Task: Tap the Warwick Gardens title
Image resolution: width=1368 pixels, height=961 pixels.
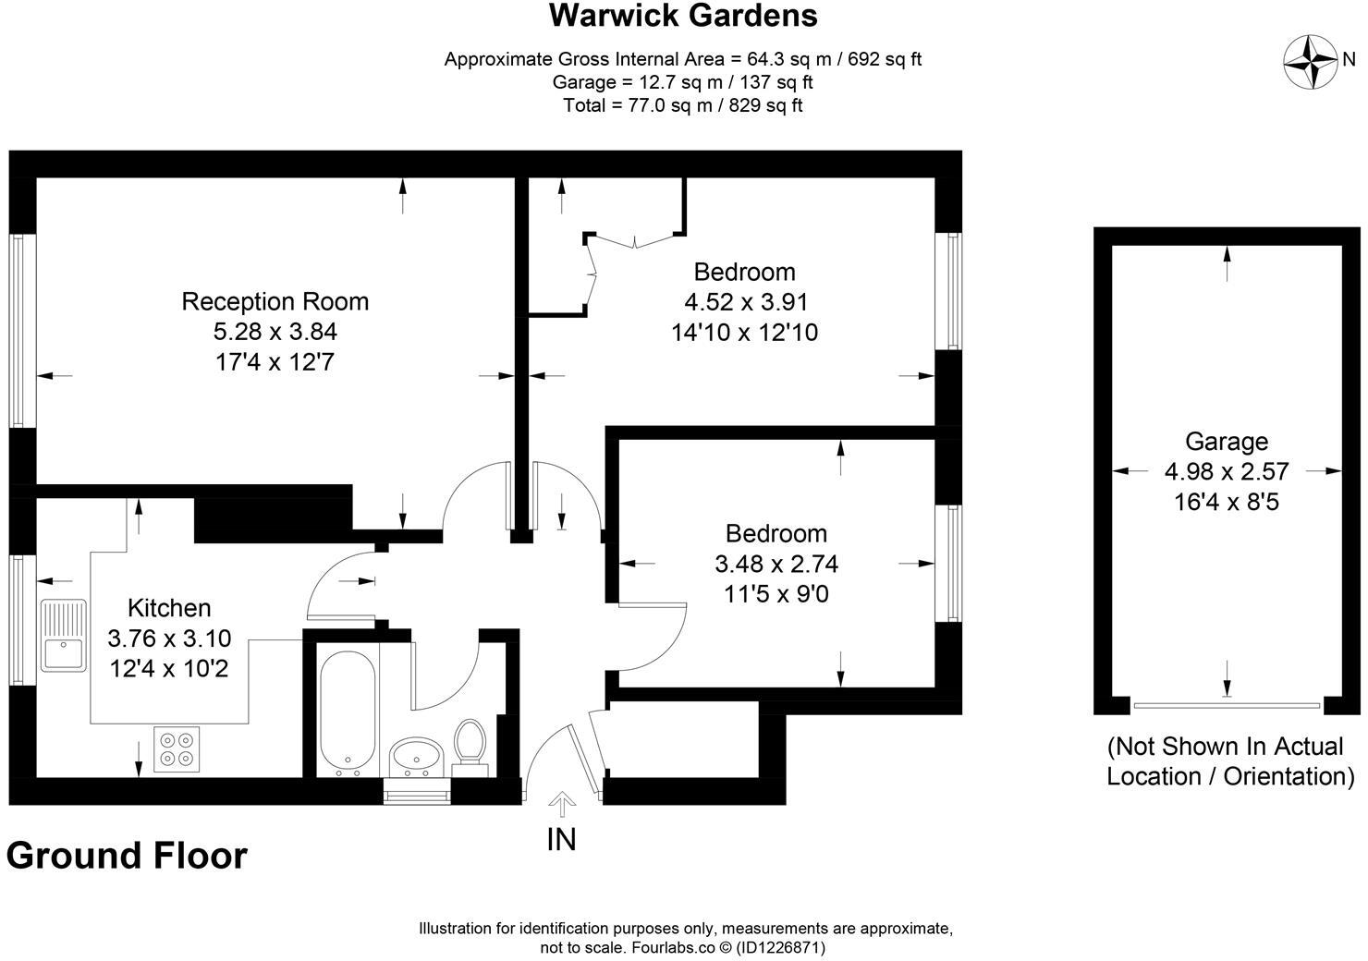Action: click(683, 16)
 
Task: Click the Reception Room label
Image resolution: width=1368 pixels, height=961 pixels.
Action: click(275, 301)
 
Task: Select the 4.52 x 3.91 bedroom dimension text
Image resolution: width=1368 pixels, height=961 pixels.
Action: click(745, 302)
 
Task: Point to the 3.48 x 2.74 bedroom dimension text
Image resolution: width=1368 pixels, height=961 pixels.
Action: click(776, 563)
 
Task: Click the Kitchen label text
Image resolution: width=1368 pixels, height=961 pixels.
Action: click(169, 608)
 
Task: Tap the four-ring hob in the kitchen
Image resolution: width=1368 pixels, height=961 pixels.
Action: click(177, 748)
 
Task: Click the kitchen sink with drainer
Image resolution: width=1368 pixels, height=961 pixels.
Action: click(63, 635)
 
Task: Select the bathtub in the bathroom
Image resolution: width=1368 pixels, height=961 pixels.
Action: click(347, 710)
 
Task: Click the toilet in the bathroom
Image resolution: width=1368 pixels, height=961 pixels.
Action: click(470, 743)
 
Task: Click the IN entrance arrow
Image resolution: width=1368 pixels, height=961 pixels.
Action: click(561, 804)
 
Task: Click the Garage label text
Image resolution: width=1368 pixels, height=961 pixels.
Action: click(1226, 442)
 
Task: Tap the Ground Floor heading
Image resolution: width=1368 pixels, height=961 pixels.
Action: click(127, 856)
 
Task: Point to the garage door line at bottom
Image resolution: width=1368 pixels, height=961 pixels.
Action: click(1227, 706)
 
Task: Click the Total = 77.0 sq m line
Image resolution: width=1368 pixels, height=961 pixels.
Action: click(683, 105)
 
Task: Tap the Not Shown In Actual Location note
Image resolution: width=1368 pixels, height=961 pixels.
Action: click(1229, 760)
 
